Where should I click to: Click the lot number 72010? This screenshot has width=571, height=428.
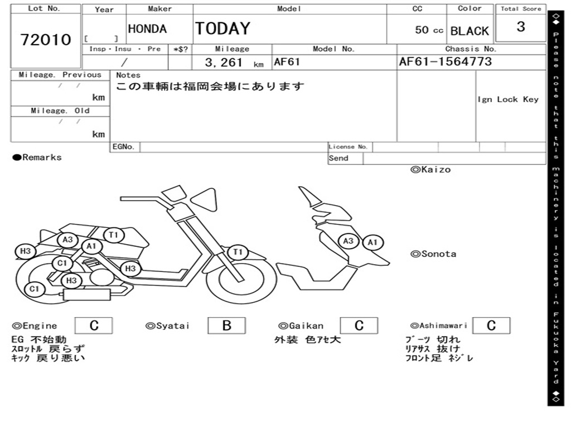click(46, 40)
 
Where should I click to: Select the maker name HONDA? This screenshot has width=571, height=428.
click(147, 29)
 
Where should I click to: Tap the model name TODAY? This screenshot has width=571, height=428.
click(222, 28)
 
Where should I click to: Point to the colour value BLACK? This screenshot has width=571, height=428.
click(470, 31)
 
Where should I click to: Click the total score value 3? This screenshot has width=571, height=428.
click(520, 27)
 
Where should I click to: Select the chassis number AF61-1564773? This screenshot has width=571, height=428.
click(445, 62)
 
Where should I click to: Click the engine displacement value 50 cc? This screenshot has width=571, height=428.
click(429, 30)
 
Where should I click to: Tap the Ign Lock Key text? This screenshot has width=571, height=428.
click(507, 99)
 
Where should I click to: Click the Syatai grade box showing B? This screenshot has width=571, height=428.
click(226, 325)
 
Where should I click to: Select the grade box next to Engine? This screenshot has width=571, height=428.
click(94, 325)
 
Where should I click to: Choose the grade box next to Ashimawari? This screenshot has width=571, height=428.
click(491, 325)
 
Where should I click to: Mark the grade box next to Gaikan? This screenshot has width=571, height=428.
click(359, 325)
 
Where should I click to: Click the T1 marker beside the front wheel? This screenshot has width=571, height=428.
click(238, 252)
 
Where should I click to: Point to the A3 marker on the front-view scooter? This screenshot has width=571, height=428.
click(349, 241)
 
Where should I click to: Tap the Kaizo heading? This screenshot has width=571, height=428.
click(430, 169)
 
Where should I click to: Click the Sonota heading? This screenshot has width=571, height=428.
click(433, 254)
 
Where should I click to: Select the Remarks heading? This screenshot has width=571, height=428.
click(37, 158)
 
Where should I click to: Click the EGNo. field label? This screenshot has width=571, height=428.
click(123, 147)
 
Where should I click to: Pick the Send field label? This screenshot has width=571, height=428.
click(338, 158)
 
